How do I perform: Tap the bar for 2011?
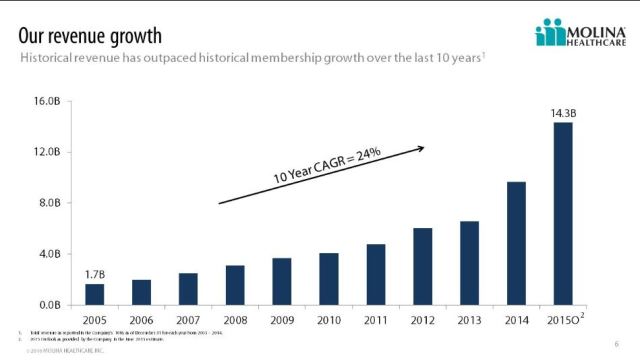pyautogui.click(x=375, y=274)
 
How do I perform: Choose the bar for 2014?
pyautogui.click(x=516, y=243)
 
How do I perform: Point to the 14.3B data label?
pyautogui.click(x=563, y=114)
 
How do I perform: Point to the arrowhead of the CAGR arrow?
pyautogui.click(x=421, y=148)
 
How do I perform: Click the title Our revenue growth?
pyautogui.click(x=90, y=36)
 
